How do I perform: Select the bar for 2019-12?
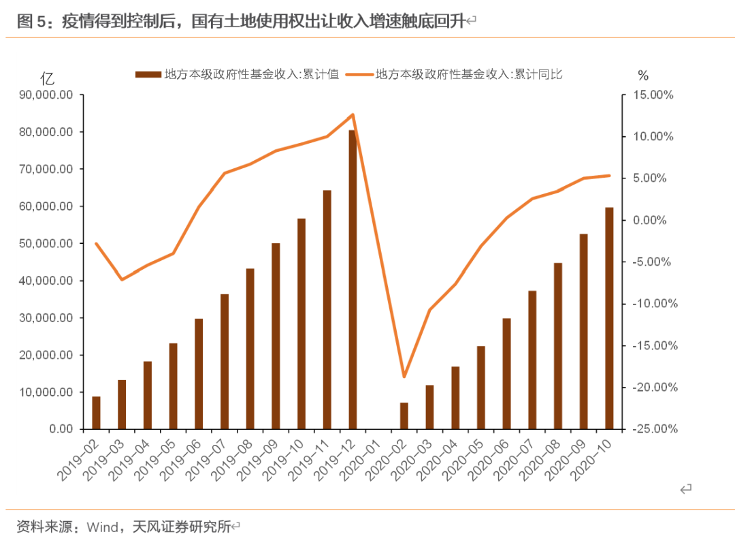(x=353, y=279)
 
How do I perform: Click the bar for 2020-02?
(x=404, y=416)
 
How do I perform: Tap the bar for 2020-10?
(x=609, y=318)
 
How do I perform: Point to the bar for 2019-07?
(x=224, y=361)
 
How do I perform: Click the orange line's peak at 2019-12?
(x=353, y=114)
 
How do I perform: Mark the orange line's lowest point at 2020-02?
(x=404, y=377)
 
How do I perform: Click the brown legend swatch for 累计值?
(x=148, y=74)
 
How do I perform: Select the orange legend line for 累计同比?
(x=360, y=74)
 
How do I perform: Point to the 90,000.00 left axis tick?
(x=47, y=95)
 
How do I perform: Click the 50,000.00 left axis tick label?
(x=47, y=243)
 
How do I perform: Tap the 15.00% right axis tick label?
(x=652, y=95)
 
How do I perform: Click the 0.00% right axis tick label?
(x=655, y=220)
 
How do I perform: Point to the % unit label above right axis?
(x=643, y=75)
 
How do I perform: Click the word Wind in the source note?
(x=104, y=527)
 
